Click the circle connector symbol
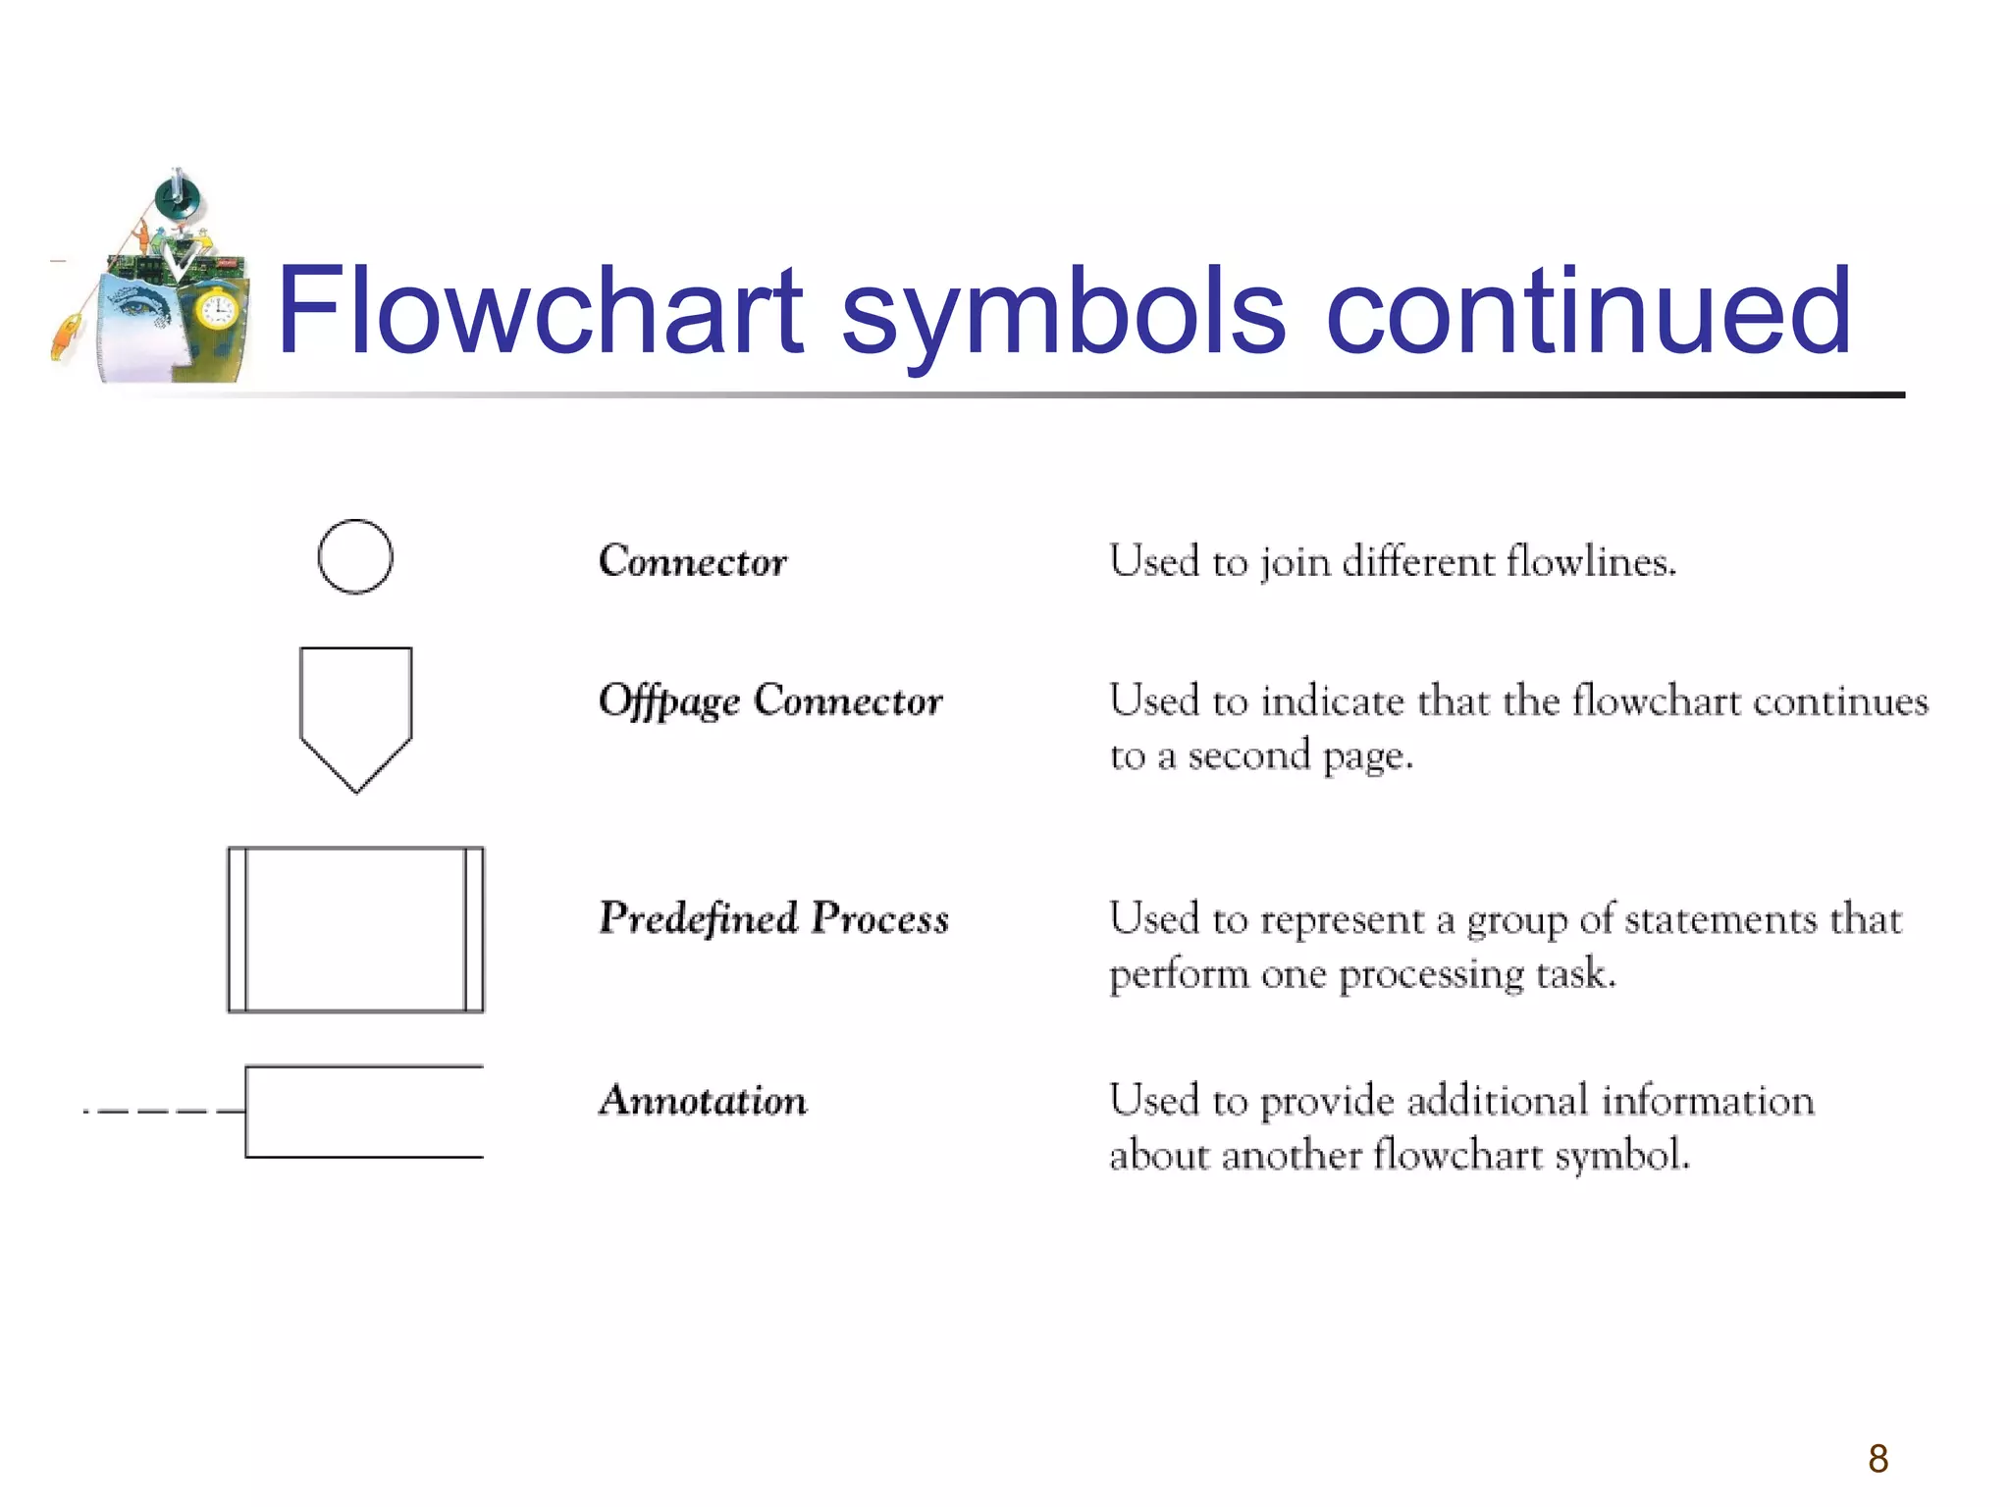point(355,556)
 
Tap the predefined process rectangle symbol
point(355,929)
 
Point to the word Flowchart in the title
point(541,311)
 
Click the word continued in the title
point(1587,311)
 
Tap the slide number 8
point(1878,1459)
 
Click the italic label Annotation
point(704,1100)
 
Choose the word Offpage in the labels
point(669,702)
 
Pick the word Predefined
point(699,919)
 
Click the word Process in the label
point(880,919)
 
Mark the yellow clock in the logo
point(217,311)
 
